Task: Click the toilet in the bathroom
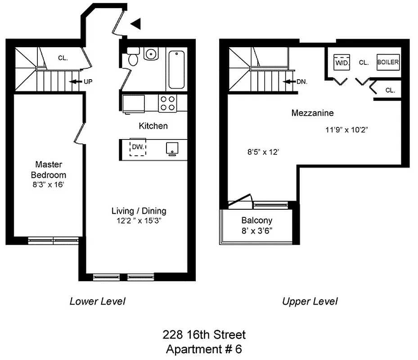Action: [x=133, y=58]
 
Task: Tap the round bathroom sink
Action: [x=151, y=54]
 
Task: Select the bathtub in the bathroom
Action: [x=176, y=70]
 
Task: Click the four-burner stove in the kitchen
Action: [x=168, y=103]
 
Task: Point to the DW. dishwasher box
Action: [x=138, y=147]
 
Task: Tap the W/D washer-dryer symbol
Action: [x=342, y=63]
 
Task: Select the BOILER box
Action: [x=388, y=62]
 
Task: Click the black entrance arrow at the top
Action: [x=136, y=24]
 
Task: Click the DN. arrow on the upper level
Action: [x=290, y=82]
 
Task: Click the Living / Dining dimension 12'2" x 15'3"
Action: [x=139, y=220]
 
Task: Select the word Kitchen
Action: [x=153, y=126]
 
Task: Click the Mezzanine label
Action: [x=312, y=113]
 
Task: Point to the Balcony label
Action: [x=256, y=220]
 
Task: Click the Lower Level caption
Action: [x=97, y=301]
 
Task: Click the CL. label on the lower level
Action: [x=63, y=58]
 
